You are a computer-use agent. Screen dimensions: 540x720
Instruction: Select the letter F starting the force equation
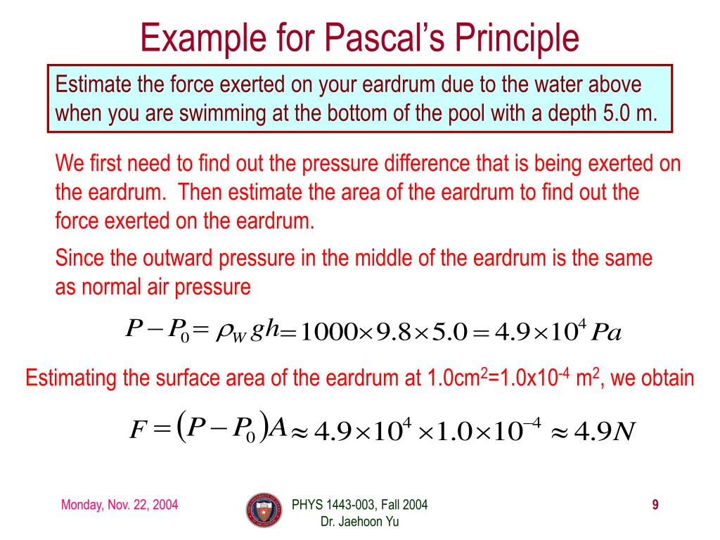[x=137, y=429]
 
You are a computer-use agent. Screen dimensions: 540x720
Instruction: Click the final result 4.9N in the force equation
[x=604, y=429]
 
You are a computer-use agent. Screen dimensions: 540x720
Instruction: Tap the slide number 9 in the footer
[x=655, y=504]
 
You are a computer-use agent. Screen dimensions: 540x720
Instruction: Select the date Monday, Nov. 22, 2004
[x=120, y=504]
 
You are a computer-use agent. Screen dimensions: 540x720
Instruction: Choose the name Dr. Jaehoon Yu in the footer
[x=360, y=521]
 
